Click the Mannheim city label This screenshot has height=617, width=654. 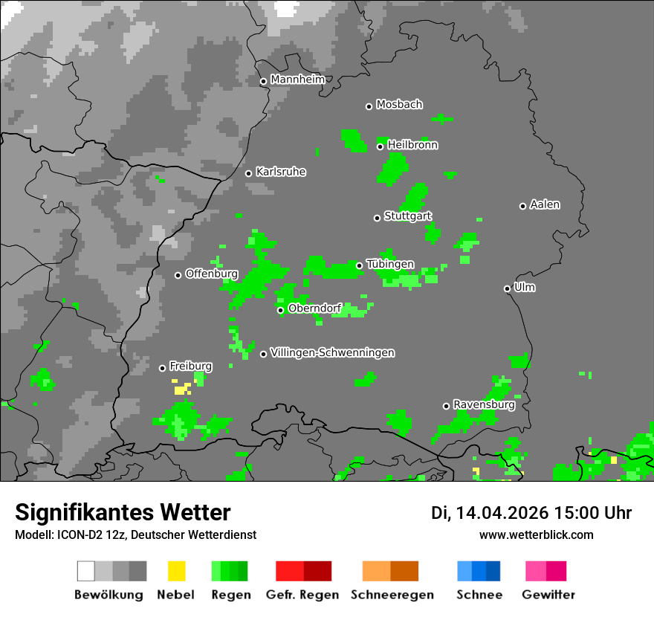(x=298, y=80)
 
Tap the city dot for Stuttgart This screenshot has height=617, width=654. (x=377, y=218)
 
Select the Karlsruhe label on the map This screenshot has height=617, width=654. (x=281, y=172)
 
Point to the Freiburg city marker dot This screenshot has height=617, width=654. (x=162, y=368)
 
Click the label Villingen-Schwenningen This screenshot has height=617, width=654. (x=332, y=352)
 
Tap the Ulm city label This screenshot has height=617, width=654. (x=525, y=287)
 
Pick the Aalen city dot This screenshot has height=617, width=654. (x=522, y=206)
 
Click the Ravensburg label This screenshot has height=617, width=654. (x=484, y=405)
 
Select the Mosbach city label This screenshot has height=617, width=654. (x=399, y=105)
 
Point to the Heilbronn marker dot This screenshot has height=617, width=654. (x=380, y=146)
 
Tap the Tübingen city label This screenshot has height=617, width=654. (x=390, y=264)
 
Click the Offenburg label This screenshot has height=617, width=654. (x=212, y=274)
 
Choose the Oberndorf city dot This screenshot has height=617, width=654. (x=280, y=310)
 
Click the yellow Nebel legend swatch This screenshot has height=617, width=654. (x=176, y=571)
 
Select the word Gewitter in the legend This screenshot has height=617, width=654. (x=548, y=595)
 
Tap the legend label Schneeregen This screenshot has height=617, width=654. (x=392, y=595)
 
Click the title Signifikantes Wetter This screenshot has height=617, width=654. (x=123, y=512)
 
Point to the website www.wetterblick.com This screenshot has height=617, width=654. (x=537, y=534)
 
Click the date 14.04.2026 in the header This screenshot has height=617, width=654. (x=502, y=513)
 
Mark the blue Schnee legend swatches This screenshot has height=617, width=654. (x=479, y=571)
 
